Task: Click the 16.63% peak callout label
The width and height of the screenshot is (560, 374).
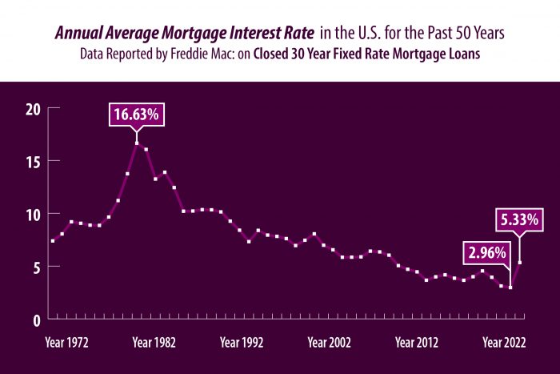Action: [x=137, y=115]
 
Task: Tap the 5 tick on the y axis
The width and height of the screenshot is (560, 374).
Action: [x=34, y=266]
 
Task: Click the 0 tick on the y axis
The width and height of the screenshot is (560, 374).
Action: [x=34, y=319]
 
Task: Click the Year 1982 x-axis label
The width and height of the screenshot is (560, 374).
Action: [x=154, y=343]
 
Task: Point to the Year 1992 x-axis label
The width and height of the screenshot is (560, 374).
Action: [x=242, y=343]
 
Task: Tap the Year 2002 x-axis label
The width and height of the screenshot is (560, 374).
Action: [x=330, y=343]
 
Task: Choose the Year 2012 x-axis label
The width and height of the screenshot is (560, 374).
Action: [x=417, y=343]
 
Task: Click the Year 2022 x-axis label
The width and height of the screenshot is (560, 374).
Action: [x=504, y=343]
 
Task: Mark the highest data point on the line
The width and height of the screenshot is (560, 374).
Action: [x=137, y=143]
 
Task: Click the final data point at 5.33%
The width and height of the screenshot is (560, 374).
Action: [x=520, y=263]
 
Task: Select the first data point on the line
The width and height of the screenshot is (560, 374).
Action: [x=53, y=241]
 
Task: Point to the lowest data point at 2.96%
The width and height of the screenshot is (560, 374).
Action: [x=510, y=287]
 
